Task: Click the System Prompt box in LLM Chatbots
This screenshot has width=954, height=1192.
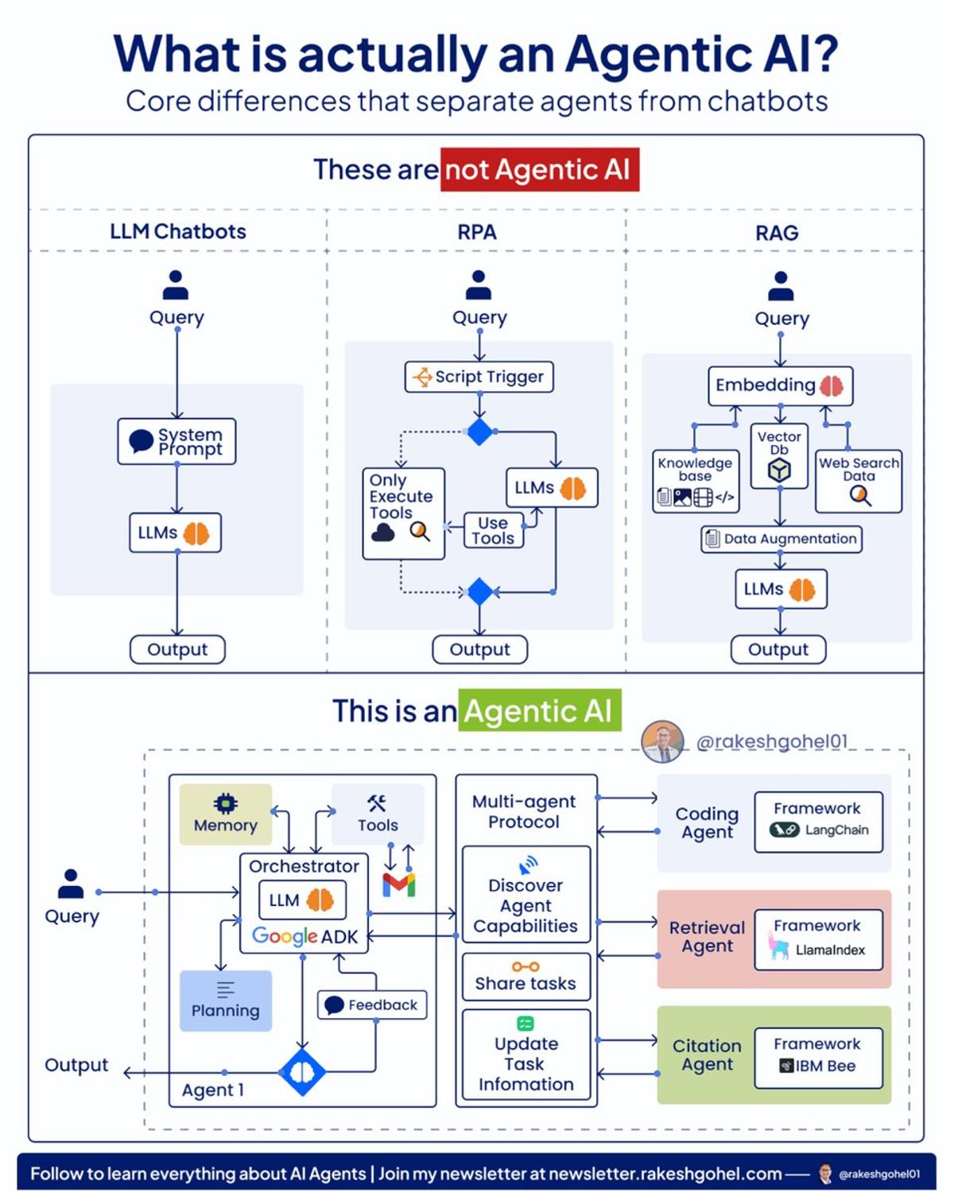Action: pyautogui.click(x=176, y=441)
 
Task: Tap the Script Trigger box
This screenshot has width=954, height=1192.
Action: pyautogui.click(x=479, y=377)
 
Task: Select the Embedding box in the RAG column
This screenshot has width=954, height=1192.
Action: pyautogui.click(x=780, y=385)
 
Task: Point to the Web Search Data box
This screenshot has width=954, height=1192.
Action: pyautogui.click(x=859, y=481)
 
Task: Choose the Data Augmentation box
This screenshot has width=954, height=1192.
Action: pyautogui.click(x=781, y=539)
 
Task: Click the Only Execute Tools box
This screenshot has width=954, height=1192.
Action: pyautogui.click(x=403, y=513)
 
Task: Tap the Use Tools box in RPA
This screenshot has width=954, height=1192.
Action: pyautogui.click(x=493, y=531)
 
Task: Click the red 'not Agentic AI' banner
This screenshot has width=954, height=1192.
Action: pyautogui.click(x=540, y=170)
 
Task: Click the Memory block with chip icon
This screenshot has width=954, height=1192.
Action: pyautogui.click(x=226, y=815)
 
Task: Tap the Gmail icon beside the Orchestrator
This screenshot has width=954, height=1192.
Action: pyautogui.click(x=399, y=884)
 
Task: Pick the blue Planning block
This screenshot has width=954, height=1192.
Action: pyautogui.click(x=226, y=1000)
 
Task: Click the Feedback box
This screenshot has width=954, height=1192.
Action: pyautogui.click(x=372, y=1004)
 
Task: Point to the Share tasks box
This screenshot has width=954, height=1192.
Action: pyautogui.click(x=525, y=977)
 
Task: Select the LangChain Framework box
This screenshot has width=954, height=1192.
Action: pyautogui.click(x=818, y=822)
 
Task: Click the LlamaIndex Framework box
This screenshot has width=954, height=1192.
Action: pyautogui.click(x=818, y=939)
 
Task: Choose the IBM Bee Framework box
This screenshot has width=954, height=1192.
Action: pyautogui.click(x=818, y=1058)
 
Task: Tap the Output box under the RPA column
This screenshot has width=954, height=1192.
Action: pyautogui.click(x=479, y=649)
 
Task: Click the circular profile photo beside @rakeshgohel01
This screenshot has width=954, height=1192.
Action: pyautogui.click(x=662, y=741)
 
